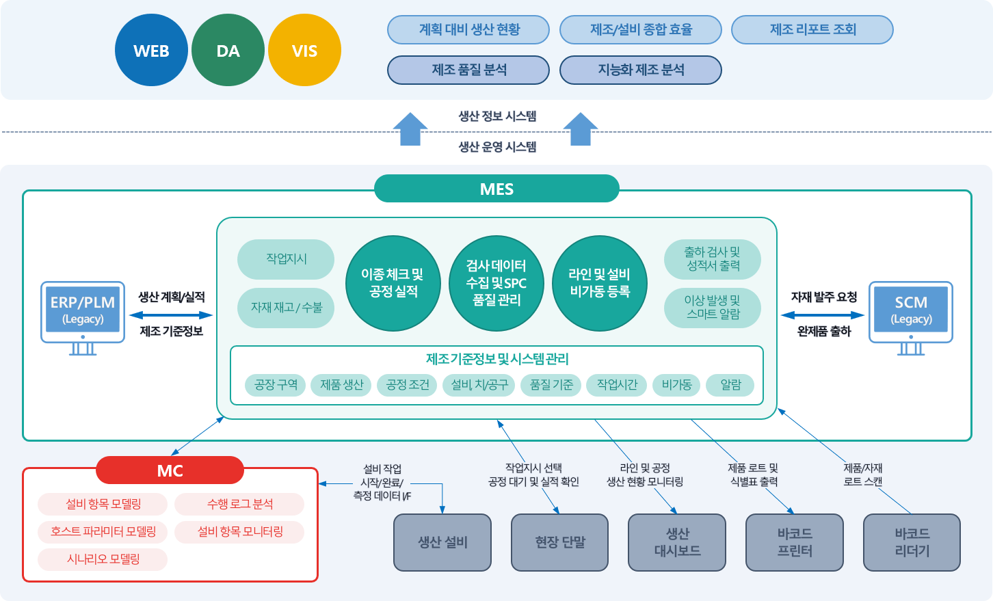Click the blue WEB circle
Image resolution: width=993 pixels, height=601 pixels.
click(x=151, y=50)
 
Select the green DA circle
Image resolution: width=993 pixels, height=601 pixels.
click(x=228, y=50)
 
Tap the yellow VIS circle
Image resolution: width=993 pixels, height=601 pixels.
click(x=304, y=50)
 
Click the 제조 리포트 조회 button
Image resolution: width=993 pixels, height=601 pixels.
click(x=812, y=29)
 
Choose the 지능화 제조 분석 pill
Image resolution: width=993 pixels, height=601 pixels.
click(x=641, y=70)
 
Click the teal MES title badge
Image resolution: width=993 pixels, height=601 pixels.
click(x=496, y=189)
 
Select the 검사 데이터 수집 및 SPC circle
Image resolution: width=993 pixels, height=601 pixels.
click(x=496, y=283)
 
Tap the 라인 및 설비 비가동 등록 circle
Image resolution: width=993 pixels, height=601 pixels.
click(x=600, y=283)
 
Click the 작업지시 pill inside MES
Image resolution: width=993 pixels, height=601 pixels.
click(x=286, y=259)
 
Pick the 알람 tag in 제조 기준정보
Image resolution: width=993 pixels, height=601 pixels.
click(x=730, y=385)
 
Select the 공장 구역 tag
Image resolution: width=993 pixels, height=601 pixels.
click(x=276, y=385)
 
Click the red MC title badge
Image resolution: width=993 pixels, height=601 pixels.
click(x=170, y=470)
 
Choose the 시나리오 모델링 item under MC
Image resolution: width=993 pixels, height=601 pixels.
click(x=103, y=559)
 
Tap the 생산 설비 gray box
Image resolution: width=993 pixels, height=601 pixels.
click(x=442, y=542)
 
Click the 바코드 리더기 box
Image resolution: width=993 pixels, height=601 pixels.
click(x=912, y=542)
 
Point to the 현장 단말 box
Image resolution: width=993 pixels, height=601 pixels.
click(x=560, y=542)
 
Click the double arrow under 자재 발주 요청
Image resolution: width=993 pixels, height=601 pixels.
click(x=823, y=315)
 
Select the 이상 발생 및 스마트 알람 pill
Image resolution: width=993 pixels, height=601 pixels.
click(x=713, y=308)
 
